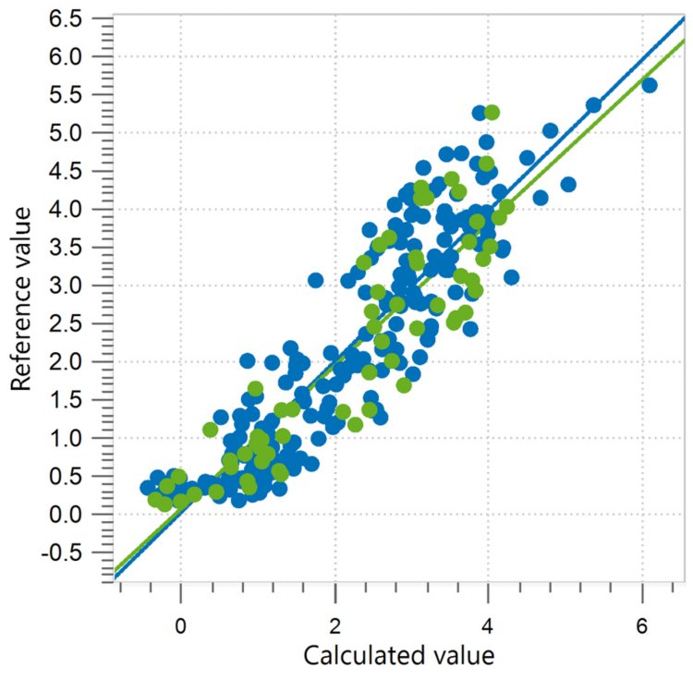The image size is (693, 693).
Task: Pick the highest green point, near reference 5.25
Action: (x=492, y=113)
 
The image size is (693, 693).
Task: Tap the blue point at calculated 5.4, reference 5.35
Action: (x=594, y=105)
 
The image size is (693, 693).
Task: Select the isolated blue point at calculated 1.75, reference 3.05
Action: (x=316, y=280)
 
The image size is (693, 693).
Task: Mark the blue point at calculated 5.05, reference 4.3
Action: (x=568, y=184)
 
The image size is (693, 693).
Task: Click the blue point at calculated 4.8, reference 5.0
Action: (x=550, y=131)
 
